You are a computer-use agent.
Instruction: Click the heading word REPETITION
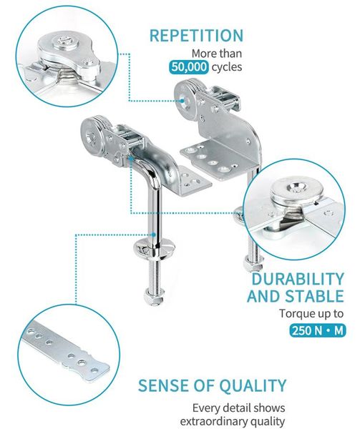point(196,36)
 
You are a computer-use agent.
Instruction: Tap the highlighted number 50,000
point(189,67)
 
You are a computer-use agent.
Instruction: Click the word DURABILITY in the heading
point(298,279)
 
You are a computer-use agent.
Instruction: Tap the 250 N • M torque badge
point(318,330)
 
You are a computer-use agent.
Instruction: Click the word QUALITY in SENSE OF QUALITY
point(253,385)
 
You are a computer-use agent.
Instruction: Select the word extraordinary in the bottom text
point(216,421)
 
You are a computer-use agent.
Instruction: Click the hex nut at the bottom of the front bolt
point(154,296)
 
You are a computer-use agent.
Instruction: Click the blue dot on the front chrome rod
point(154,235)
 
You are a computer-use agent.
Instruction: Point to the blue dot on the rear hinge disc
point(183,101)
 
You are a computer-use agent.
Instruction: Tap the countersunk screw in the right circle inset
point(296,189)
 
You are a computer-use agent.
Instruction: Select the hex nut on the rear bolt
point(253,262)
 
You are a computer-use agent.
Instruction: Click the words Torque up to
point(311,314)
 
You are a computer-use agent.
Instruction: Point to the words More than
point(217,54)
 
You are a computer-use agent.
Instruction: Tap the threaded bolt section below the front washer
point(154,274)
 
